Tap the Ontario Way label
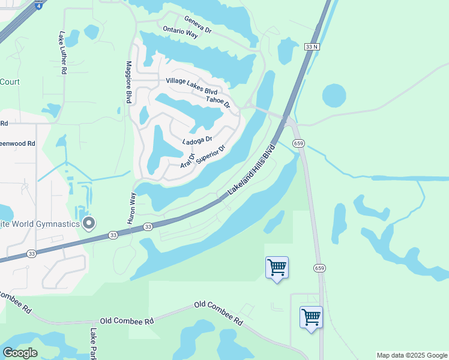(180, 32)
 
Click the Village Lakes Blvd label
(191, 86)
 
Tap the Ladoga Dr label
(197, 140)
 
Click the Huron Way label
(131, 208)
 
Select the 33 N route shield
(311, 47)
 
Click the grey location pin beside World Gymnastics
(89, 224)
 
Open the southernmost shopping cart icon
(311, 317)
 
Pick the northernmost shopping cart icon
(277, 267)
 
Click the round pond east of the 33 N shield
(334, 95)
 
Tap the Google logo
(19, 353)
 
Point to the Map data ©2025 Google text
(412, 355)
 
